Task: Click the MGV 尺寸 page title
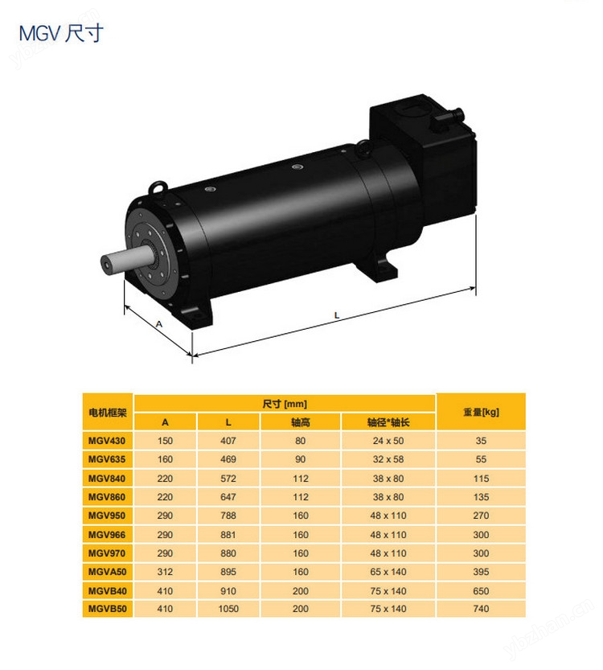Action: [x=61, y=34]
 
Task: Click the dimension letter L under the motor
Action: [x=337, y=315]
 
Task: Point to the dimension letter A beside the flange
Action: [x=159, y=324]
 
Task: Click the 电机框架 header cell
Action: [x=108, y=413]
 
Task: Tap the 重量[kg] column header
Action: [x=481, y=413]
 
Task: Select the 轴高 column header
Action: [x=300, y=422]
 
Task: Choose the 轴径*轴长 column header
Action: [x=388, y=422]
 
